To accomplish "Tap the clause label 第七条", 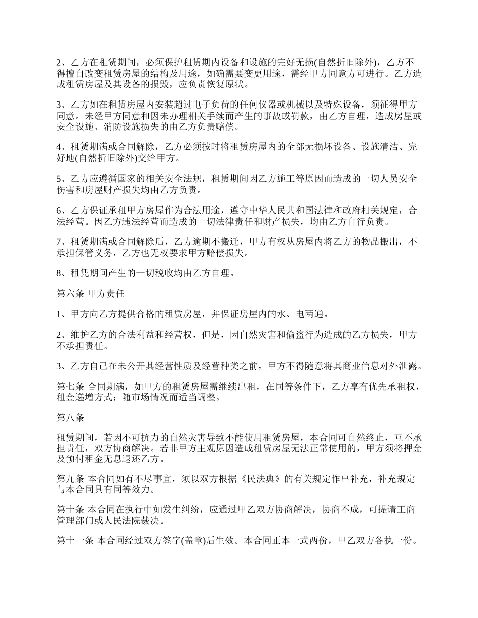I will [69, 386].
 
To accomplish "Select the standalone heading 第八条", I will [69, 418].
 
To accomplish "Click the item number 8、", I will [63, 274].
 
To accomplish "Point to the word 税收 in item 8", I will [161, 274].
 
